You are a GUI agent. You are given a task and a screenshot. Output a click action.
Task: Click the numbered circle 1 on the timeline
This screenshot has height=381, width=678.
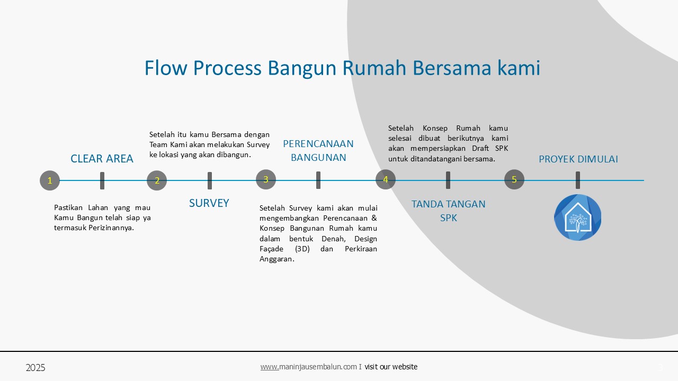50,180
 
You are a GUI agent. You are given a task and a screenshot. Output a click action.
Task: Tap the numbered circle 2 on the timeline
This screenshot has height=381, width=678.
157,180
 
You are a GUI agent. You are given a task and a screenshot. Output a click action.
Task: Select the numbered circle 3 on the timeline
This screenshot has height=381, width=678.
266,179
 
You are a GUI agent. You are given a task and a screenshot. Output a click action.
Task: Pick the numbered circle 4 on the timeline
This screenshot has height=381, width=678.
386,179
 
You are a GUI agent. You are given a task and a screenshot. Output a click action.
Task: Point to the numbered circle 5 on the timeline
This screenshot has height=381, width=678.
514,179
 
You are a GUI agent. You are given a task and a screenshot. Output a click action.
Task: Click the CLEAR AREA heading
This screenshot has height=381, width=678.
102,158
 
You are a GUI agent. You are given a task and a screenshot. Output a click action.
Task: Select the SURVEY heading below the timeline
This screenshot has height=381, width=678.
209,203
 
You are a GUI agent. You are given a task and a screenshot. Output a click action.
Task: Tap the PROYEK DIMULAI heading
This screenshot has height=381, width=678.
578,159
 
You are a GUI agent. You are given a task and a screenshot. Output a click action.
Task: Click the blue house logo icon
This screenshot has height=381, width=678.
577,217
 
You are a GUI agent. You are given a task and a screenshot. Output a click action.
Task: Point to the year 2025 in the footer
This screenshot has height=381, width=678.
35,368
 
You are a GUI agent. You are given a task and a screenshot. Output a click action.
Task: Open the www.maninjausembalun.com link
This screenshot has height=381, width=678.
308,367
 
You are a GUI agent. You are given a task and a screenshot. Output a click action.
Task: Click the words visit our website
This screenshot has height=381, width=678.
391,367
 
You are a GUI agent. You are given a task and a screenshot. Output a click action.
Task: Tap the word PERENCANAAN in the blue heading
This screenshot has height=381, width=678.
318,143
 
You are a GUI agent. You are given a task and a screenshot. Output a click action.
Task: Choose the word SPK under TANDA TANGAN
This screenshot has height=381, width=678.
448,218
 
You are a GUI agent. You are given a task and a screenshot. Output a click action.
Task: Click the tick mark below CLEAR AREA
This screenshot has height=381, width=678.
102,181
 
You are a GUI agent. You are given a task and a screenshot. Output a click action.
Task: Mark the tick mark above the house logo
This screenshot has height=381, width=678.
578,180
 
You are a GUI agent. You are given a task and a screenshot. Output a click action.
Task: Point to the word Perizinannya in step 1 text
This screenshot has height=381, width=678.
111,228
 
